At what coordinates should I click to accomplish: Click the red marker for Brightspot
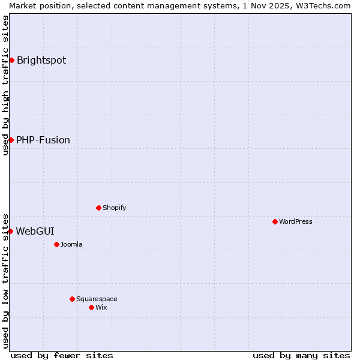(x=11, y=60)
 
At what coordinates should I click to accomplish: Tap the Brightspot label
(x=41, y=60)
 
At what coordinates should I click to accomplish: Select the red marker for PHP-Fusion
(x=11, y=140)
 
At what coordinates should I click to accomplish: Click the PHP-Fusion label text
(x=43, y=140)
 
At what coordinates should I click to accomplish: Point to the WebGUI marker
(x=10, y=231)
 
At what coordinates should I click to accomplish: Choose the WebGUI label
(x=35, y=231)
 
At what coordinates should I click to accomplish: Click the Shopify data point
(x=98, y=208)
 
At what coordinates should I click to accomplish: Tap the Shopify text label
(x=114, y=208)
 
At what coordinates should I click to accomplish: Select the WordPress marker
(x=275, y=221)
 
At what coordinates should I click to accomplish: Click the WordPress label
(x=296, y=221)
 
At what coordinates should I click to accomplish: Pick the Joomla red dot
(x=56, y=244)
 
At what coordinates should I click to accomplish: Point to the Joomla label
(x=71, y=244)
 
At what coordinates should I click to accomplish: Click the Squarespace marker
(x=72, y=299)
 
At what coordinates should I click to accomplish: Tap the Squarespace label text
(x=97, y=299)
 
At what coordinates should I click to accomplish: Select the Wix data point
(x=91, y=307)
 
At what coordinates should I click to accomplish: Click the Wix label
(x=101, y=307)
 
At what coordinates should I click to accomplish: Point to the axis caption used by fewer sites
(x=62, y=355)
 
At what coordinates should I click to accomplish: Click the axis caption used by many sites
(x=301, y=355)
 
